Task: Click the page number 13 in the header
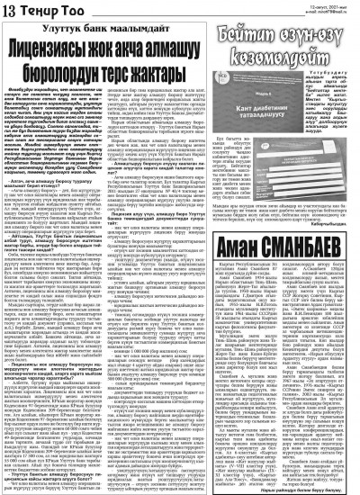[10, 10]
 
